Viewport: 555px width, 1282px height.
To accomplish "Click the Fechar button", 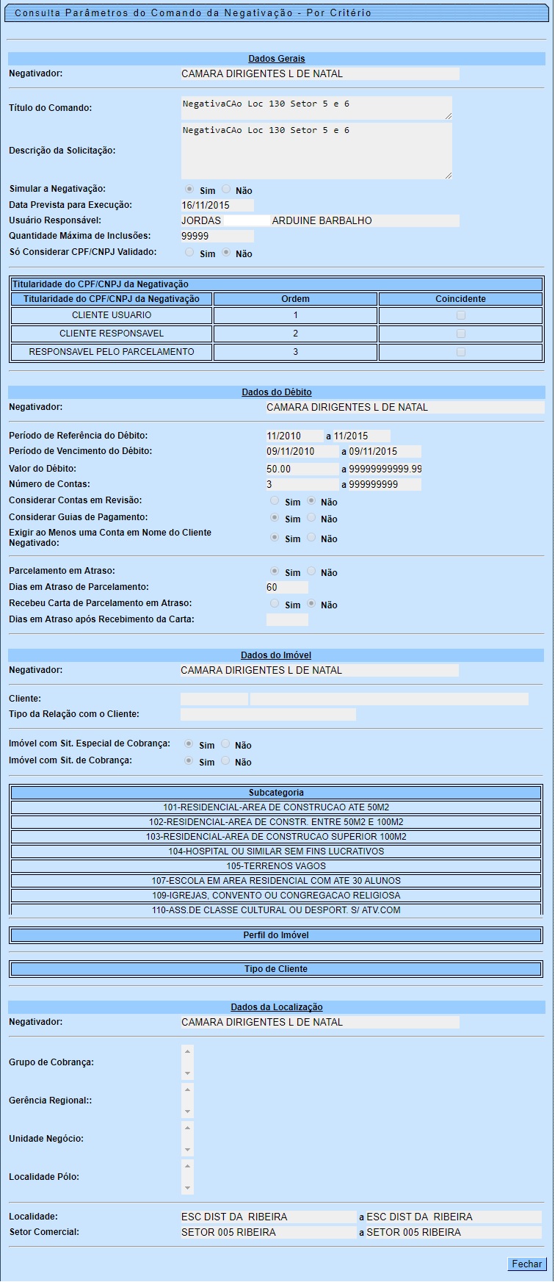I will [526, 1264].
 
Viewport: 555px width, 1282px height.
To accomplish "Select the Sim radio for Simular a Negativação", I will [189, 190].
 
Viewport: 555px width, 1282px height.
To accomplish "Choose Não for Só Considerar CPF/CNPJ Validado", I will [226, 253].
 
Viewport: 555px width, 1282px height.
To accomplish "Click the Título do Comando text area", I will [316, 107].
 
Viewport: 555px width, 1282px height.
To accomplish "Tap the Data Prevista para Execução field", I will [217, 206].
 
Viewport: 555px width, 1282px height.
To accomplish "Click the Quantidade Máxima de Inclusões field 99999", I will [217, 237].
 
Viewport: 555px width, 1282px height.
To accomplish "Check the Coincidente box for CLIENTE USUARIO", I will [461, 315].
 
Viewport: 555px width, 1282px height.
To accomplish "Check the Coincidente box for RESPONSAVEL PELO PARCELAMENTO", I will [461, 352].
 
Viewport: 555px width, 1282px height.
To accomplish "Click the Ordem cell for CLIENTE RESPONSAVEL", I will [296, 334].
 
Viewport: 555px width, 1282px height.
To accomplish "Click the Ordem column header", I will [296, 299].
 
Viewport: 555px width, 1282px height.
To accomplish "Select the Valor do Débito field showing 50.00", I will [302, 469].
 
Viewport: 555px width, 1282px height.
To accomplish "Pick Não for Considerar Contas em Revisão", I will [311, 501].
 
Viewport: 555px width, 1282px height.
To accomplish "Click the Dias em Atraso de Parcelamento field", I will [287, 588].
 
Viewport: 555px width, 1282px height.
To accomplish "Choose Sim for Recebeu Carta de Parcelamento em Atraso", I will [275, 604].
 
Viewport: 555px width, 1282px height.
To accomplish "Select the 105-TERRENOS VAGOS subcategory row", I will [276, 866].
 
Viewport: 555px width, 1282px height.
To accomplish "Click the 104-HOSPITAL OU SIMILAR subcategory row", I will [276, 851].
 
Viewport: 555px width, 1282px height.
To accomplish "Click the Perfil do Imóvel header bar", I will [276, 935].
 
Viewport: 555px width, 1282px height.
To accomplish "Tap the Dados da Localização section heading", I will [276, 1007].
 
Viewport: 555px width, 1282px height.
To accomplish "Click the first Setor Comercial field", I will [268, 1232].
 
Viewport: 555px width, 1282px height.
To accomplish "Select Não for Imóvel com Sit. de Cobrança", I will [225, 761].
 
